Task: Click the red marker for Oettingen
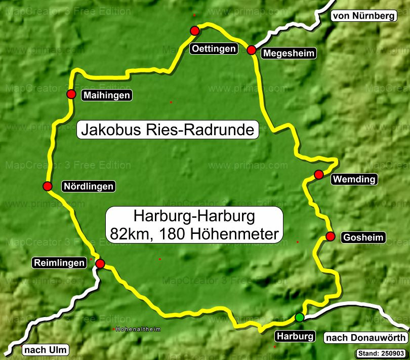coord(194,31)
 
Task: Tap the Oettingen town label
coord(214,49)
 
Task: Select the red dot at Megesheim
coord(252,50)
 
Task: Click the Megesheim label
coord(289,53)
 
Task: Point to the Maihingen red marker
coord(71,94)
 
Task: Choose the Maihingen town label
coord(107,95)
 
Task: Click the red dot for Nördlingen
coord(48,186)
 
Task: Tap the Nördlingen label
coord(88,186)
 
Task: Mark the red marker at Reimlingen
coord(100,263)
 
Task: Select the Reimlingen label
coord(59,263)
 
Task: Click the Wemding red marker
coord(319,175)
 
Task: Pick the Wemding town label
coord(354,179)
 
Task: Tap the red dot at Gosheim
coord(331,236)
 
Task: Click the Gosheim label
coord(363,237)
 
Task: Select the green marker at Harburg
coord(300,317)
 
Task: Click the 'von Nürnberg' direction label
coord(363,16)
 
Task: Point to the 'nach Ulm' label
coord(46,350)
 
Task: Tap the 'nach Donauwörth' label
coord(365,338)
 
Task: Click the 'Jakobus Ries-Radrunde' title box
coord(168,130)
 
